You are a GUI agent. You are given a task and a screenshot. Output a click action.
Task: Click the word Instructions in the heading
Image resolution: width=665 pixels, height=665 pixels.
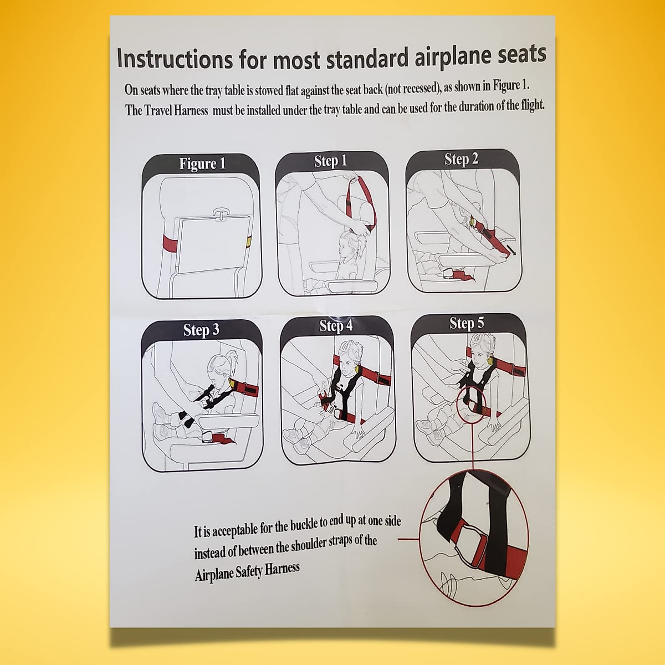(175, 59)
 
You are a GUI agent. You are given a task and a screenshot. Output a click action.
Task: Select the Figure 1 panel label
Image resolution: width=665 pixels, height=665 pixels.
(202, 163)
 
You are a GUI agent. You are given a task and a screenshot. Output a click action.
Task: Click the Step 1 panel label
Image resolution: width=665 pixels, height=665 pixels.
(330, 161)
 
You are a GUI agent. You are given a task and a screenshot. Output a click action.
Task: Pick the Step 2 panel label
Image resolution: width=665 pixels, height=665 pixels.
(461, 159)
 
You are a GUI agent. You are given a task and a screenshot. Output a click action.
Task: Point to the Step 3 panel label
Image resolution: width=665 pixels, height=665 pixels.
(201, 330)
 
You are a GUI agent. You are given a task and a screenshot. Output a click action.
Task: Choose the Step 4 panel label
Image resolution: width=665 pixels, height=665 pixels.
(336, 326)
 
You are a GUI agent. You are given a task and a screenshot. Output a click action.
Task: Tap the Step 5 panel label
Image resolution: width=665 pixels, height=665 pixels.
(467, 323)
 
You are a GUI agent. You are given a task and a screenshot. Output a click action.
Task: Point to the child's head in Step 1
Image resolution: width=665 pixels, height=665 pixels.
(347, 243)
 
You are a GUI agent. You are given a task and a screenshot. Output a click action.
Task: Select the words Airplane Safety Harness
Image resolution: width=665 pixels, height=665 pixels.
(247, 571)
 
